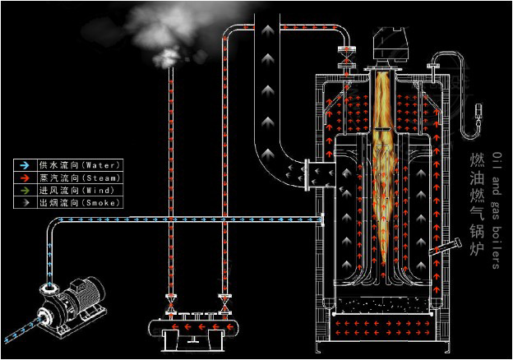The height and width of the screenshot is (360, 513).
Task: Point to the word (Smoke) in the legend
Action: (x=105, y=202)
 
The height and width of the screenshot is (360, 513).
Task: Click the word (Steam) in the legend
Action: (x=105, y=178)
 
